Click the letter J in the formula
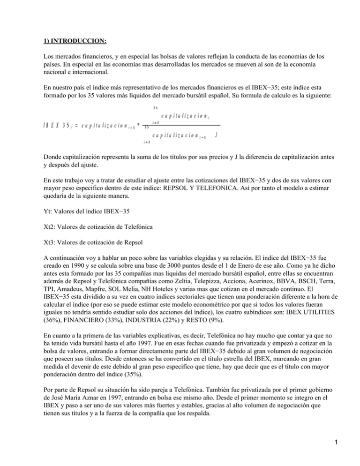[x=216, y=135]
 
